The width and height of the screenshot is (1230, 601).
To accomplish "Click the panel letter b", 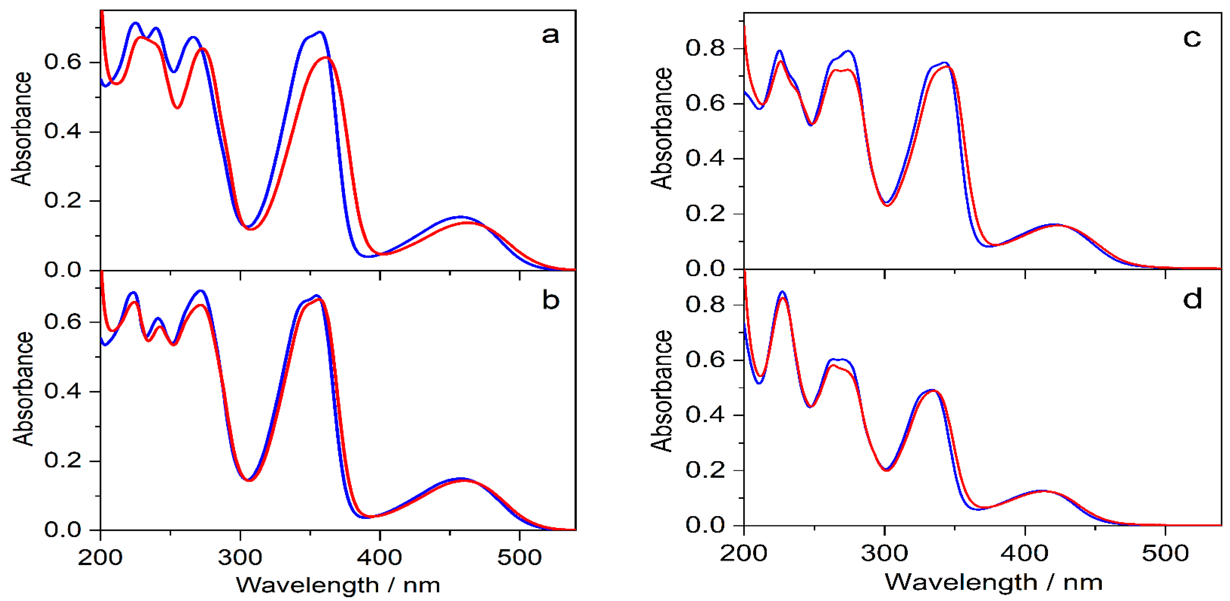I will [x=550, y=300].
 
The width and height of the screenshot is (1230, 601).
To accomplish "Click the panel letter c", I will [x=1192, y=38].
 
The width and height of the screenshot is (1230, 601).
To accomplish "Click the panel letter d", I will [x=1192, y=299].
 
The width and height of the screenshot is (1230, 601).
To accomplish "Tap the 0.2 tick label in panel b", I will [x=63, y=461].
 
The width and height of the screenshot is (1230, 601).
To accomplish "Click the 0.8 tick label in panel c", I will [x=705, y=48].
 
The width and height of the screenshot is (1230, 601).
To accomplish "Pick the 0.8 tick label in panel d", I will [x=705, y=304].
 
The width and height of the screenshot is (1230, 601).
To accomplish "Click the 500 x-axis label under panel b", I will [x=519, y=558].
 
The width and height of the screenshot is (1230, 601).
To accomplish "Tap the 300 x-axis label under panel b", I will [x=240, y=558].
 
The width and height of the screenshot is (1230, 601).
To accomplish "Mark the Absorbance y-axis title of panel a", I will [x=22, y=129].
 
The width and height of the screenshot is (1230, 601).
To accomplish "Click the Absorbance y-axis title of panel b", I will [x=23, y=389].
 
